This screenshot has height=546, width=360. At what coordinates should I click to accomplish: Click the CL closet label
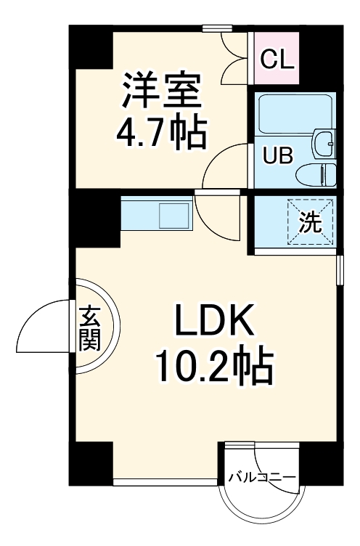point(277,60)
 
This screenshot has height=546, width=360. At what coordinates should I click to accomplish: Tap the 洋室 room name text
point(161,89)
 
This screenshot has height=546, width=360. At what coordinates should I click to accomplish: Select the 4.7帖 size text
point(161,131)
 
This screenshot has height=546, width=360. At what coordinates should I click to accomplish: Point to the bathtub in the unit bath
point(295,114)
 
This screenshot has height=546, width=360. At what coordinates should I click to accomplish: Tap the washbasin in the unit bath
point(324,144)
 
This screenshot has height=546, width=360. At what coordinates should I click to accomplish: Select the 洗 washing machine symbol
point(310,222)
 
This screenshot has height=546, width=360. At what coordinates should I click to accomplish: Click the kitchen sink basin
point(173,216)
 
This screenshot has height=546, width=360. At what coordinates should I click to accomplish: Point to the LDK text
point(214,319)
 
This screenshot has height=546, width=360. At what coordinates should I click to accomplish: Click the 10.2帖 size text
point(214,367)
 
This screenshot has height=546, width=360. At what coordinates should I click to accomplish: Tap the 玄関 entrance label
point(89,328)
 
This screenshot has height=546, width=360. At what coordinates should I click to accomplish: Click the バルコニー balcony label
point(262,477)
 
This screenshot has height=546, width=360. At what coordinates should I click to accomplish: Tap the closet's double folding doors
point(235,58)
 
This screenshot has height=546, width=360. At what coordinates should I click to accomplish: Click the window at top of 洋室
point(217,28)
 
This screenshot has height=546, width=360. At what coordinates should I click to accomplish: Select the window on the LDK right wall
point(340,270)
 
